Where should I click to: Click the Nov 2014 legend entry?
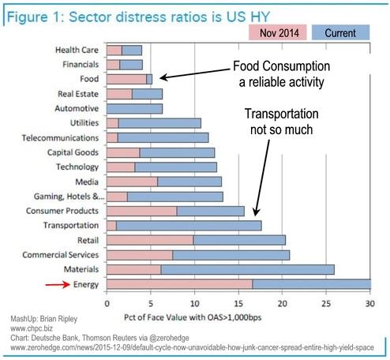pyautogui.click(x=281, y=33)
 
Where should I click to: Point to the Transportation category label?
pyautogui.click(x=71, y=226)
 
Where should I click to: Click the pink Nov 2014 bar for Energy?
pyautogui.click(x=179, y=284)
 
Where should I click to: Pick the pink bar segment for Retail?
pyautogui.click(x=149, y=240)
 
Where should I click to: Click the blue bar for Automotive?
pyautogui.click(x=134, y=108)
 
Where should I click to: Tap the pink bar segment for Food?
pyautogui.click(x=126, y=79)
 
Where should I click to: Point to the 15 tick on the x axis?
pyautogui.click(x=238, y=302)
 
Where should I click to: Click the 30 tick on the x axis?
pyautogui.click(x=369, y=302)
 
